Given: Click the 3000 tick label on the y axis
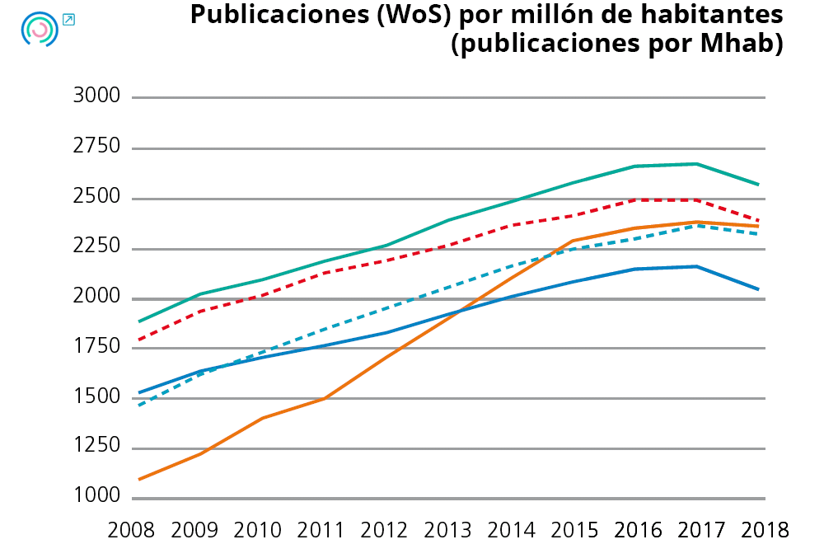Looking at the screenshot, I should [x=96, y=96].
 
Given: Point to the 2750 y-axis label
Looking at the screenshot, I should [x=96, y=147].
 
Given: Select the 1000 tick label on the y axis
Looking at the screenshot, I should [x=96, y=497].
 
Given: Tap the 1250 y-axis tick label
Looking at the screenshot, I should [x=96, y=447].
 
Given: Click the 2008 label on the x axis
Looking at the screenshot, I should [x=133, y=528].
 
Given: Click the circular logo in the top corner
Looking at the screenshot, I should [x=39, y=29].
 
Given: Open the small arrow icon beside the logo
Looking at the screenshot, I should [x=68, y=19].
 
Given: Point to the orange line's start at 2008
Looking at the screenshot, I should [x=138, y=479].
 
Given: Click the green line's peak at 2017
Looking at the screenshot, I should [x=697, y=164].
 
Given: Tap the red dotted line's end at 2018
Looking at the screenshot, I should [x=759, y=221].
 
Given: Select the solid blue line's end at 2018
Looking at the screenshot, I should [x=759, y=289].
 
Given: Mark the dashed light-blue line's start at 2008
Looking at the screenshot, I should [x=138, y=406].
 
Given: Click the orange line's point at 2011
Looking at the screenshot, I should [x=324, y=399].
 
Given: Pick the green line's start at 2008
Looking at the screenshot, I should [x=138, y=321].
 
